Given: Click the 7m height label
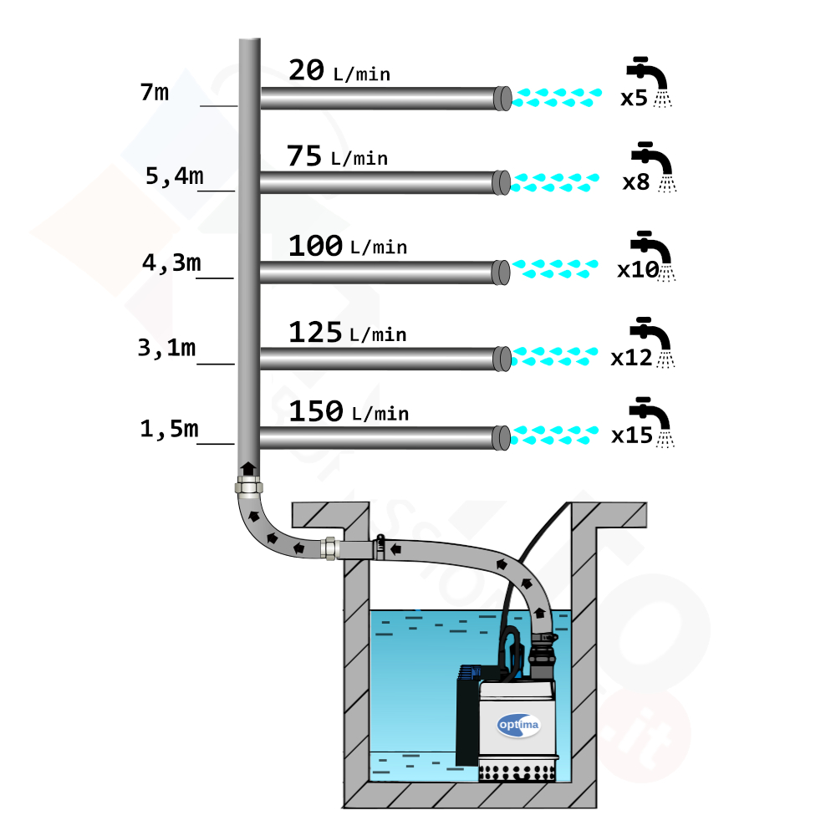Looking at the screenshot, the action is pos(155,92).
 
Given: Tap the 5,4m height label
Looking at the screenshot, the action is pos(175,176).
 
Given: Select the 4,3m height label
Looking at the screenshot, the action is pos(171,263).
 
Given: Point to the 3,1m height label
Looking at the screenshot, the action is pos(167,348).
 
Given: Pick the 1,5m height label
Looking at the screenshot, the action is pos(169,429).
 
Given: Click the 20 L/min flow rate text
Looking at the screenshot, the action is pos(339,70).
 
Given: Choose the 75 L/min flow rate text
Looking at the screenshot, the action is pos(338,155).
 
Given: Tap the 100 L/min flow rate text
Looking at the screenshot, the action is pos(348,245).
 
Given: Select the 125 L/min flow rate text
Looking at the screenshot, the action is pos(348,332).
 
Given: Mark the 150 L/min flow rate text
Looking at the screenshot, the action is pos(349,411).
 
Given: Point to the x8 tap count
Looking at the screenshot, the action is pos(636,182).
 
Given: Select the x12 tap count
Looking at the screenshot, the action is pos(632,358).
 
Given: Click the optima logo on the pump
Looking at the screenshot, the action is pos(518,725).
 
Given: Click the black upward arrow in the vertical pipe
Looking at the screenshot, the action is pos(248,469).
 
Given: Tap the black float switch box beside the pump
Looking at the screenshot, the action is pos(468,716).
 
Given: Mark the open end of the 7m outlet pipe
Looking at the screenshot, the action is pos(503,98).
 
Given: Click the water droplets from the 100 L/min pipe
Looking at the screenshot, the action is pos(555,268).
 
